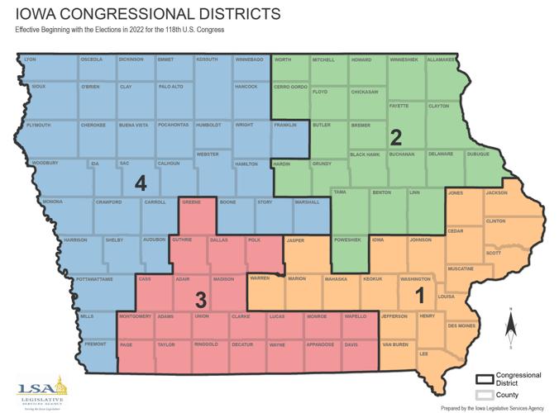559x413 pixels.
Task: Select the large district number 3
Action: [199, 298]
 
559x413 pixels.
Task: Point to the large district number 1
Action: [418, 294]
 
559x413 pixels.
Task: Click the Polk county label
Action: [254, 240]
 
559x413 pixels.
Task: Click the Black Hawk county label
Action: [365, 154]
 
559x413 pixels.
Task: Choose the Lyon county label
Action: [31, 59]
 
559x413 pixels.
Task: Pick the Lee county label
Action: [424, 354]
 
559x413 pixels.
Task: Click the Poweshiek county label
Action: [346, 240]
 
